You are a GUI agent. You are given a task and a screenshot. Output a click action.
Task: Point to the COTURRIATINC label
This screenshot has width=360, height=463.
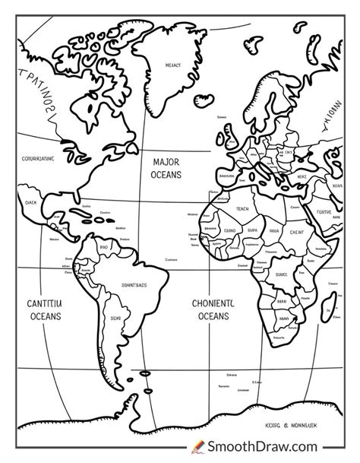(34, 159)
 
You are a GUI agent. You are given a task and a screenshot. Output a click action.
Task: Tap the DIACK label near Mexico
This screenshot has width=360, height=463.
(30, 203)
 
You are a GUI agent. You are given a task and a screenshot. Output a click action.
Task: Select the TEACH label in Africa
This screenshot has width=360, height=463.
(242, 208)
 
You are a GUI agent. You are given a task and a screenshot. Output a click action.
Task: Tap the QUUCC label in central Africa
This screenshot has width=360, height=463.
(282, 275)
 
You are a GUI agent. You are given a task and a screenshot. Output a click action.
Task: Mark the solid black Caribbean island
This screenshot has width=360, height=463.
(106, 225)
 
